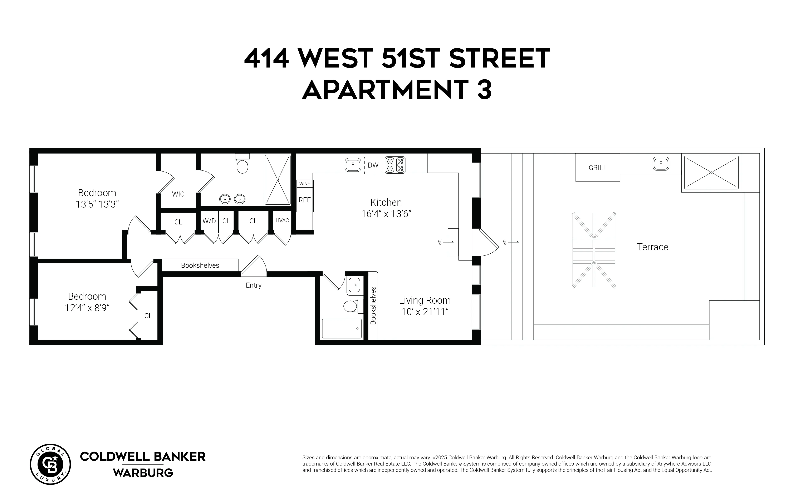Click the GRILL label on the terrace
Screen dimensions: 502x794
pyautogui.click(x=597, y=168)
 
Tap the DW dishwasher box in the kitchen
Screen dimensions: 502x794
pyautogui.click(x=373, y=165)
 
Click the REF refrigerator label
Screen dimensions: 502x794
pyautogui.click(x=304, y=200)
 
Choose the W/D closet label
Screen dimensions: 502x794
pyautogui.click(x=209, y=221)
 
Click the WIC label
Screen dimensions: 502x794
pyautogui.click(x=178, y=194)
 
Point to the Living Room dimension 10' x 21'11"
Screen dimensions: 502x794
pyautogui.click(x=425, y=312)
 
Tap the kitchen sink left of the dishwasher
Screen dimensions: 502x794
pyautogui.click(x=353, y=164)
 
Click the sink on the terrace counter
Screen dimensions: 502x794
pyautogui.click(x=661, y=164)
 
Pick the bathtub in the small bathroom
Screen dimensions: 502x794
pyautogui.click(x=341, y=328)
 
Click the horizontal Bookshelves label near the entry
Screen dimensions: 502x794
pyautogui.click(x=200, y=265)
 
